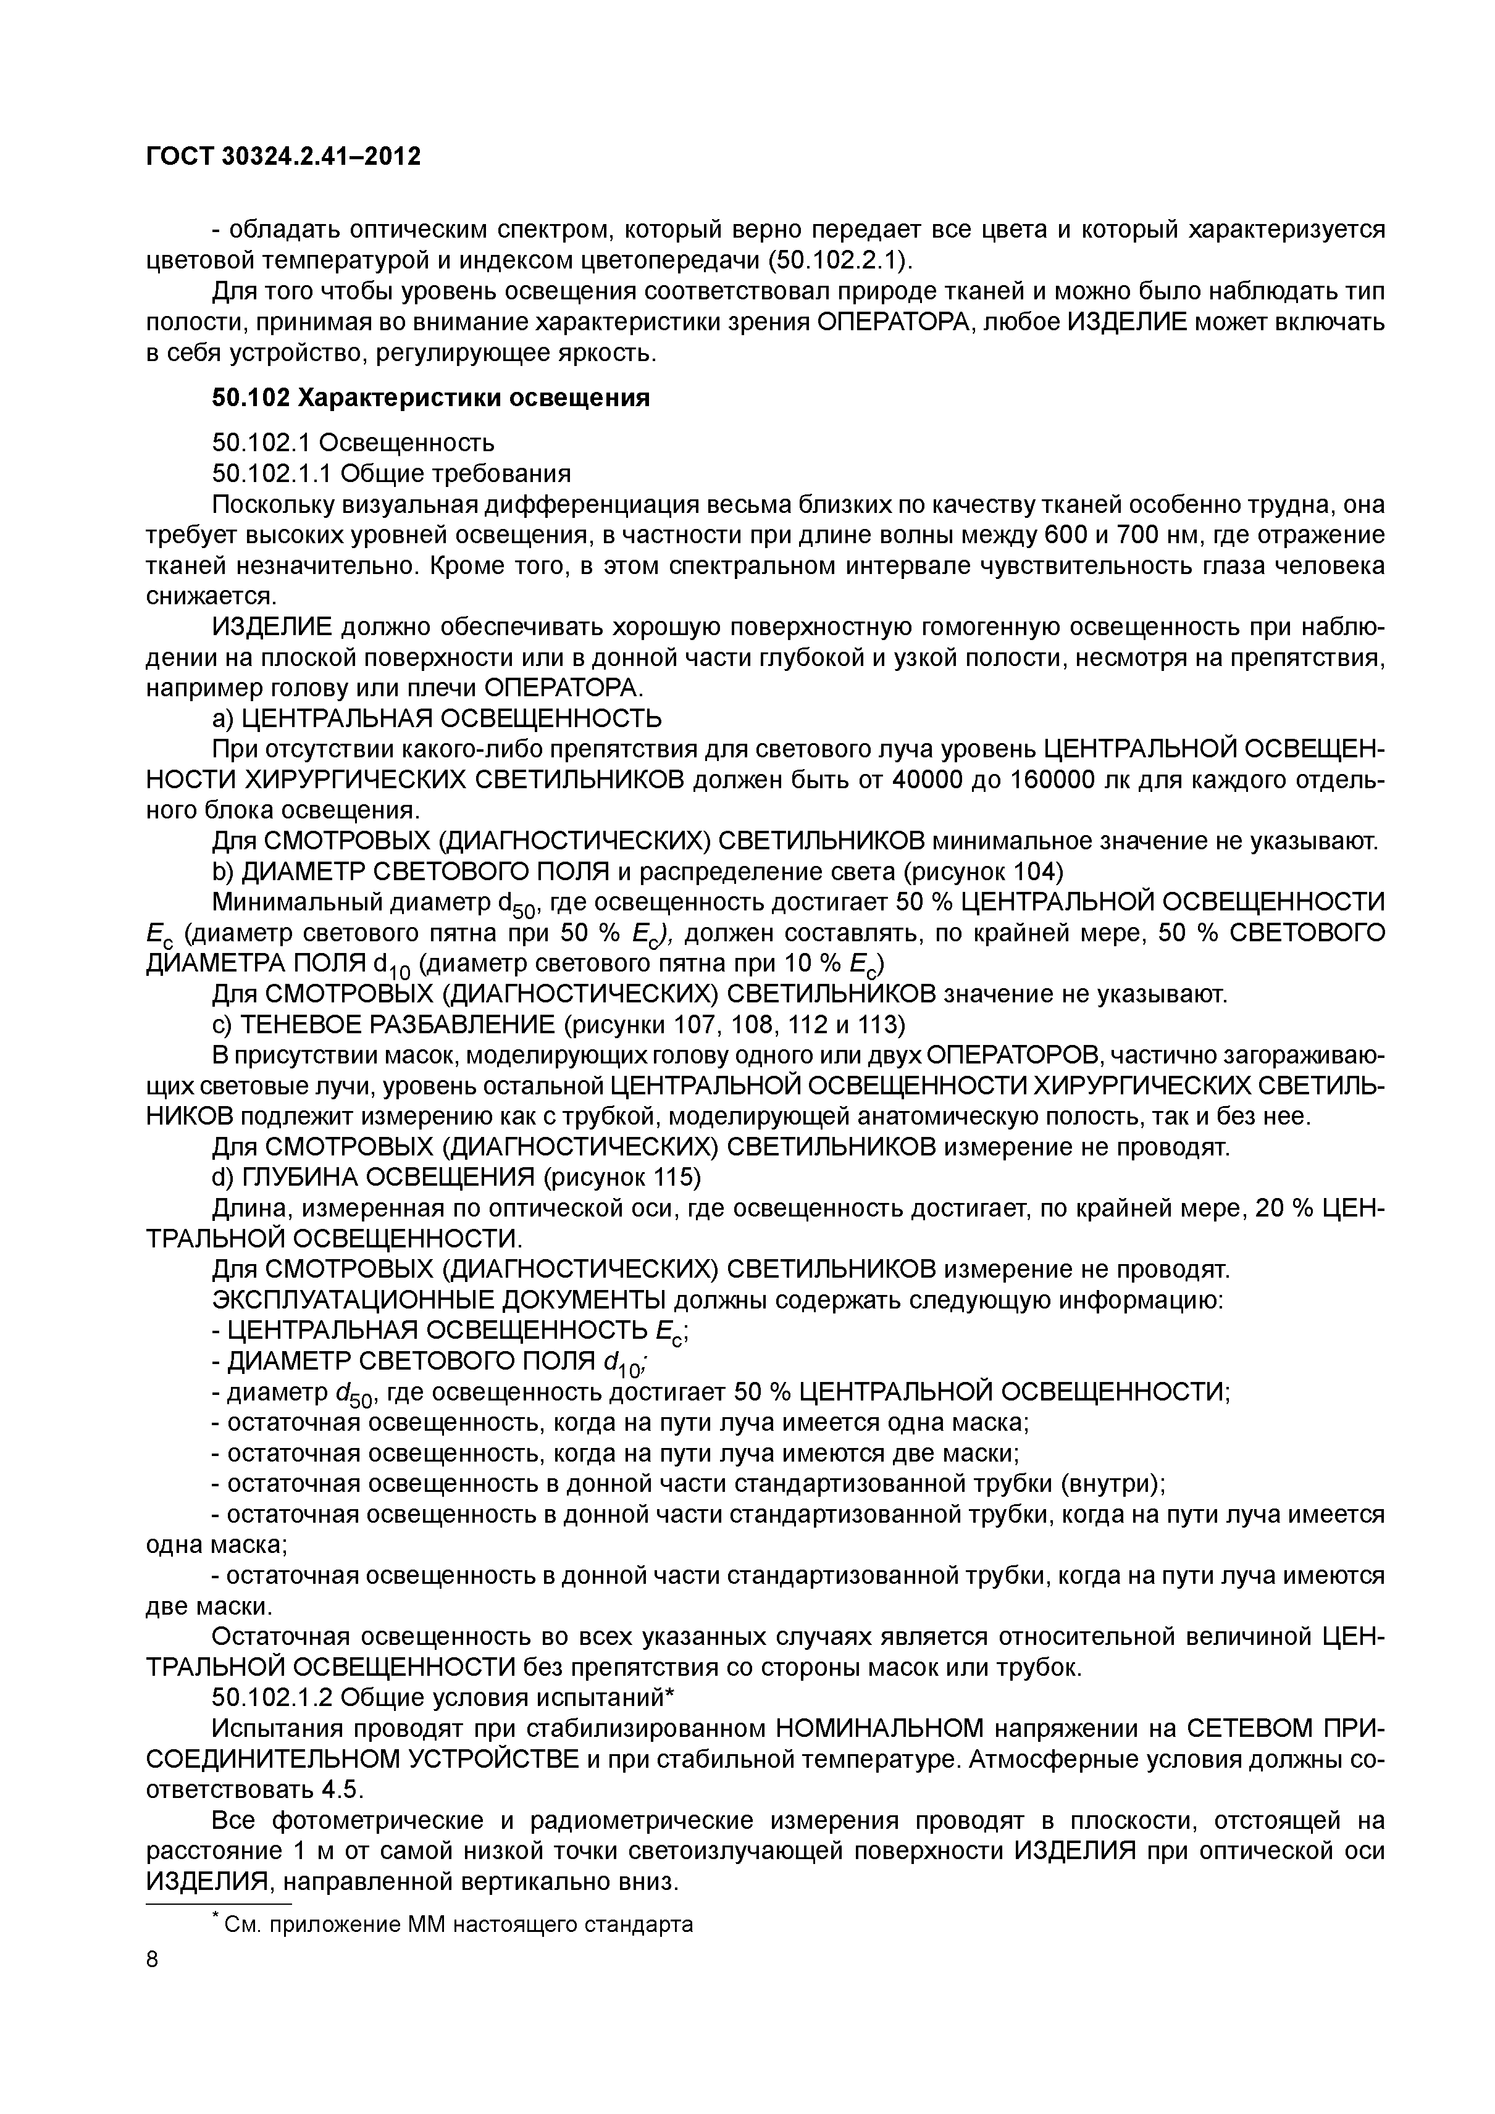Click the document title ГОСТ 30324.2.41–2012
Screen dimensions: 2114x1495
click(x=283, y=157)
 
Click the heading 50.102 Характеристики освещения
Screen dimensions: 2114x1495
click(x=430, y=397)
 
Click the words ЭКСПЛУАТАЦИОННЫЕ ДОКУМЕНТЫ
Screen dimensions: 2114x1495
click(x=440, y=1300)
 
